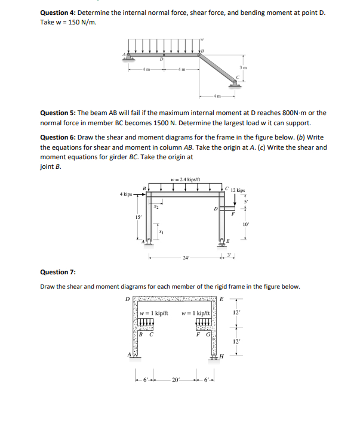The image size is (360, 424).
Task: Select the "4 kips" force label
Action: [x=127, y=194]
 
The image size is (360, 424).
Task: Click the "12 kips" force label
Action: [x=236, y=191]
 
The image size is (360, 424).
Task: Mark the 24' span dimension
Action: [x=187, y=258]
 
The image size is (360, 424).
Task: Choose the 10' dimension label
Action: [x=245, y=224]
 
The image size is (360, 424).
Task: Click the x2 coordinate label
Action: [x=156, y=207]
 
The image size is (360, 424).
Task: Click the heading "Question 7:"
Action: [x=57, y=272]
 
